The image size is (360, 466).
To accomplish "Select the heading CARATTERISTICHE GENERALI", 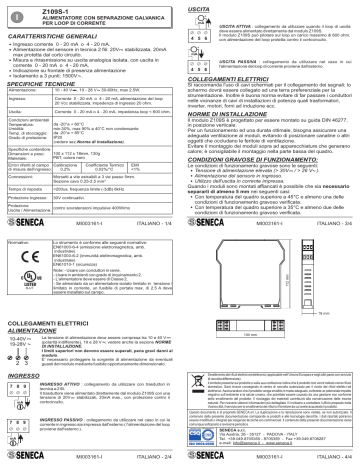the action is point(61,36).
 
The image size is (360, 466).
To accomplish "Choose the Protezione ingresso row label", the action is point(31,197).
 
